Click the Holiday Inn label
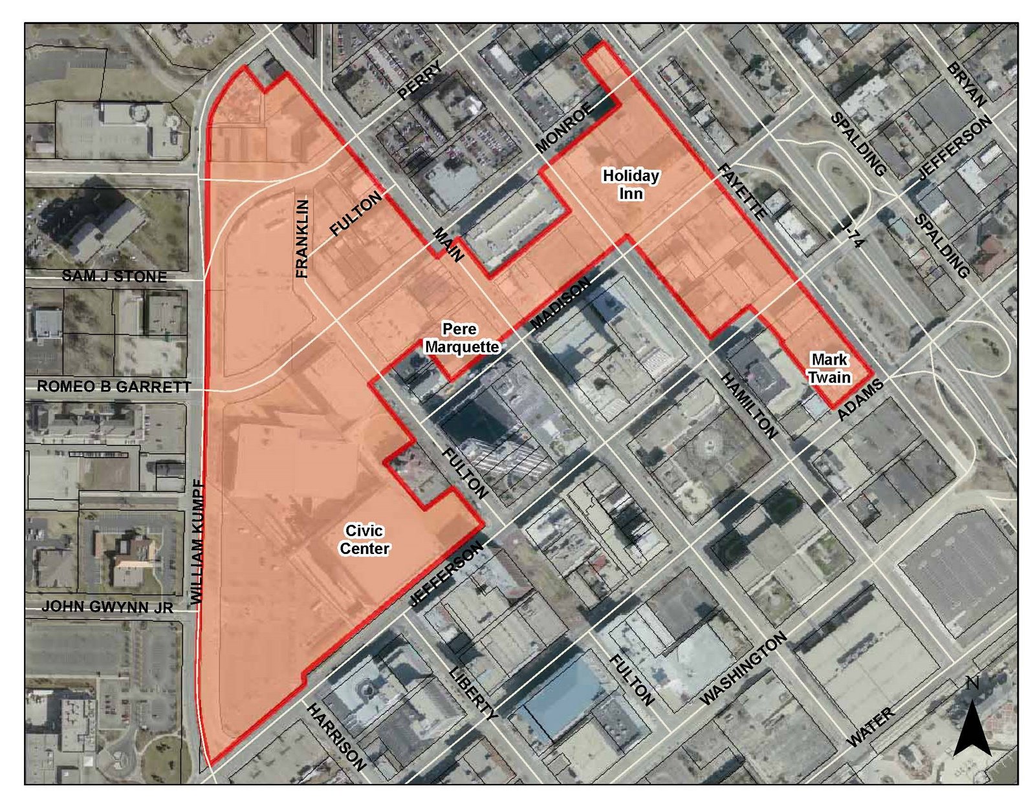pyautogui.click(x=631, y=184)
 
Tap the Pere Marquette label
pyautogui.click(x=461, y=338)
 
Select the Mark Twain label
pyautogui.click(x=830, y=368)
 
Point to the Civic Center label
pyautogui.click(x=364, y=540)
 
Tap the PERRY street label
pyautogui.click(x=420, y=80)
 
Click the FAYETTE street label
pyautogui.click(x=741, y=191)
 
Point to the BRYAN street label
pyautogui.click(x=966, y=85)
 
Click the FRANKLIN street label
pyautogui.click(x=302, y=239)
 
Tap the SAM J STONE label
pyautogui.click(x=114, y=277)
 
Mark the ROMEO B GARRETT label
pyautogui.click(x=114, y=387)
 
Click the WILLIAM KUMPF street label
pyautogui.click(x=198, y=542)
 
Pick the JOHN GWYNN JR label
pyautogui.click(x=107, y=608)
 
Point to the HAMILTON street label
pyautogui.click(x=748, y=405)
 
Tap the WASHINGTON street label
pyautogui.click(x=743, y=668)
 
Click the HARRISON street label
pyautogui.click(x=336, y=736)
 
